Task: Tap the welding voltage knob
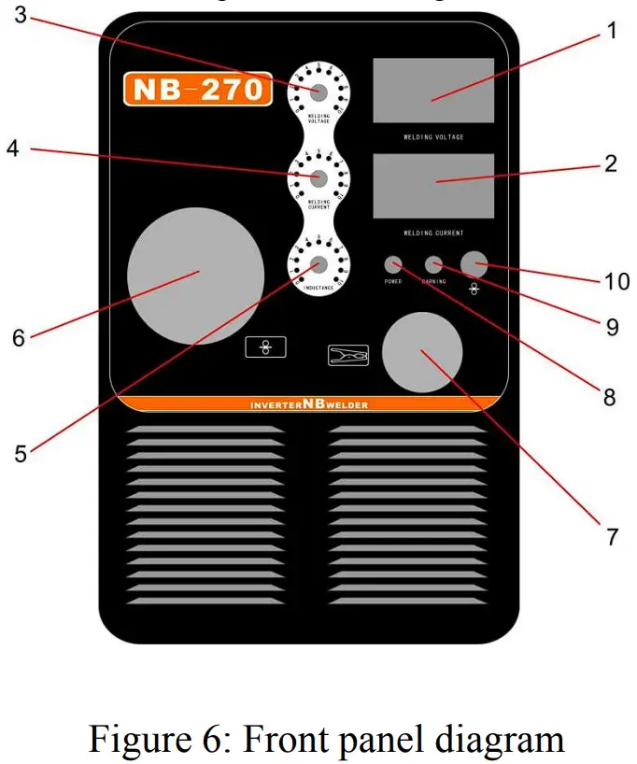point(318,92)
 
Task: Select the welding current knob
point(318,177)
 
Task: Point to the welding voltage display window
point(433,90)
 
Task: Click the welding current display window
point(433,186)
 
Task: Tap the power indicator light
point(393,263)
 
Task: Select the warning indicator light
point(433,263)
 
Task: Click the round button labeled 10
point(474,263)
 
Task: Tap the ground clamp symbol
point(348,355)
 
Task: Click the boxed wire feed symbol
point(266,347)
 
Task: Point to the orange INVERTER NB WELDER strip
point(309,404)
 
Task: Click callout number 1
point(612,31)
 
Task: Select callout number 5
point(21,453)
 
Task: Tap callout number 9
point(612,326)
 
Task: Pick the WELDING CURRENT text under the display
point(433,233)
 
